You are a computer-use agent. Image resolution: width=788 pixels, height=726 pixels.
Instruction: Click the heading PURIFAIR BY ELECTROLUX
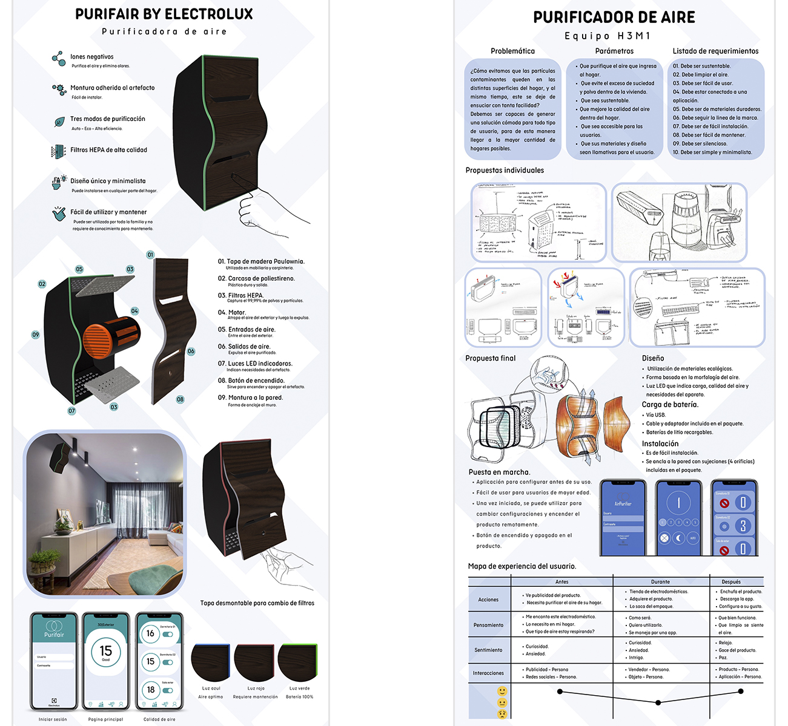pyautogui.click(x=164, y=14)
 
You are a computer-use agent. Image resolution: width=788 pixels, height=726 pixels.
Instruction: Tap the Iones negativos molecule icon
pyautogui.click(x=58, y=58)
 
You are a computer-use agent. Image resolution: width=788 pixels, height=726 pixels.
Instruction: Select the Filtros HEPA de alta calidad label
pyautogui.click(x=108, y=150)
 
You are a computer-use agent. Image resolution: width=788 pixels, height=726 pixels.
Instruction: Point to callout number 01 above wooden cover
pyautogui.click(x=150, y=255)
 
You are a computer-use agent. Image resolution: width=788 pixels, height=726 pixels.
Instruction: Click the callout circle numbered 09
pyautogui.click(x=36, y=335)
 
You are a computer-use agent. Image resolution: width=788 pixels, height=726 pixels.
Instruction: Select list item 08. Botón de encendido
pyautogui.click(x=256, y=381)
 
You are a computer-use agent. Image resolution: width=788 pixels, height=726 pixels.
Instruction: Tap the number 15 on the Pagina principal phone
pyautogui.click(x=105, y=650)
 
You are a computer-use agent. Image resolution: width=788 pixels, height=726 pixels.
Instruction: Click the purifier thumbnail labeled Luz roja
pyautogui.click(x=254, y=664)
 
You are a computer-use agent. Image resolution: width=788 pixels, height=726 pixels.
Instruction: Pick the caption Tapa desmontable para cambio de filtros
pyautogui.click(x=257, y=603)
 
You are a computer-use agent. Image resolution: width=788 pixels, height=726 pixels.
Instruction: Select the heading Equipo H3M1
pyautogui.click(x=608, y=36)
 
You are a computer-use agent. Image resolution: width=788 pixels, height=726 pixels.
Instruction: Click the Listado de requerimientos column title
pyautogui.click(x=715, y=51)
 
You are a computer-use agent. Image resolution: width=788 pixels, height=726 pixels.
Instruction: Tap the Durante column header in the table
pyautogui.click(x=660, y=581)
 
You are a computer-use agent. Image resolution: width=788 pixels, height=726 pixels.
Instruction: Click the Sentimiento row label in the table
pyautogui.click(x=488, y=650)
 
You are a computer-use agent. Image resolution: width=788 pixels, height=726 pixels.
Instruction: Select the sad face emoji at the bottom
pyautogui.click(x=502, y=714)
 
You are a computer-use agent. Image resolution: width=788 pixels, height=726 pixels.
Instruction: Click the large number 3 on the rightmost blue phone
pyautogui.click(x=743, y=526)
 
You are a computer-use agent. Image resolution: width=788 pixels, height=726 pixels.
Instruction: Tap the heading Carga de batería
pyautogui.click(x=670, y=404)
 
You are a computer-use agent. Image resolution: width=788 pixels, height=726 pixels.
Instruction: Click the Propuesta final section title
pyautogui.click(x=490, y=358)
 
